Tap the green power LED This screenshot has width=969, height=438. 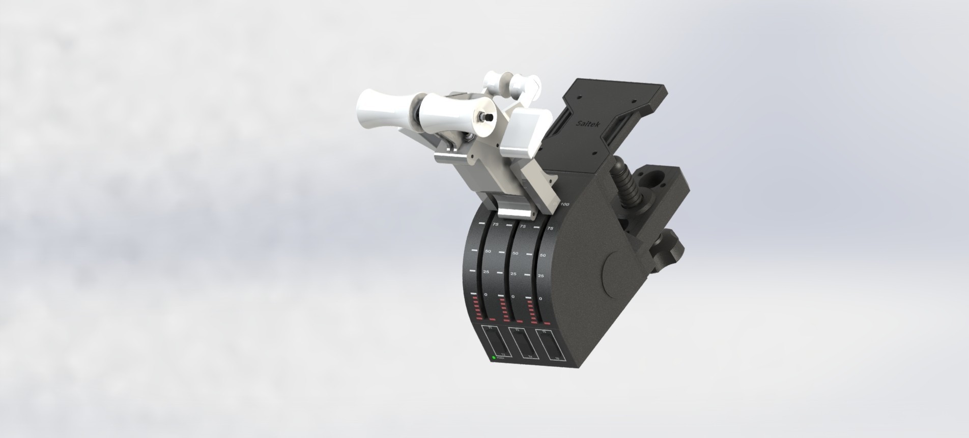tap(494, 358)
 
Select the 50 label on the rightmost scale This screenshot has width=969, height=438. tap(542, 255)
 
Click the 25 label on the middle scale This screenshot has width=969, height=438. tap(514, 274)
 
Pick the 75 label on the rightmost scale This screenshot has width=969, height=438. tap(549, 229)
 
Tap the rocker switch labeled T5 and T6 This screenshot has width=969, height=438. tap(549, 345)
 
